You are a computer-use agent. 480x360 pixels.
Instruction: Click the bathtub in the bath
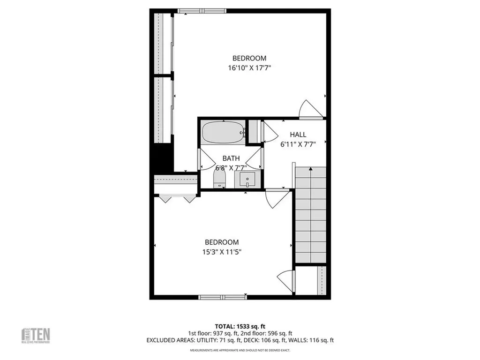pos(223,133)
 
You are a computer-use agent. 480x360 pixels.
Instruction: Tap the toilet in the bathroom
pos(219,179)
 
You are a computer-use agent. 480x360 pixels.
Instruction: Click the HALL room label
pos(298,135)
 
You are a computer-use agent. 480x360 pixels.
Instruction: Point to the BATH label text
pos(231,158)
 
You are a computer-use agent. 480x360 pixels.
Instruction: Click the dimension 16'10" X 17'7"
pos(250,68)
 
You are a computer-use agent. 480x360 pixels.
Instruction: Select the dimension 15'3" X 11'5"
pos(222,252)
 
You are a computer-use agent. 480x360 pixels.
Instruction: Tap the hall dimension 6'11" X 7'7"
pos(298,144)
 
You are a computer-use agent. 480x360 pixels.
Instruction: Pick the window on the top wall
pos(202,11)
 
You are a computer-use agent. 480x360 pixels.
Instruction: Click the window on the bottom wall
pos(222,297)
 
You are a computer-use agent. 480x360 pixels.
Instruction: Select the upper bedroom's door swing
pos(310,109)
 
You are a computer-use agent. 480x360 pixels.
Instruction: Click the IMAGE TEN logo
pos(37,335)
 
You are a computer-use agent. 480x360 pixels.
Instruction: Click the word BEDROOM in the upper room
pos(249,58)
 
